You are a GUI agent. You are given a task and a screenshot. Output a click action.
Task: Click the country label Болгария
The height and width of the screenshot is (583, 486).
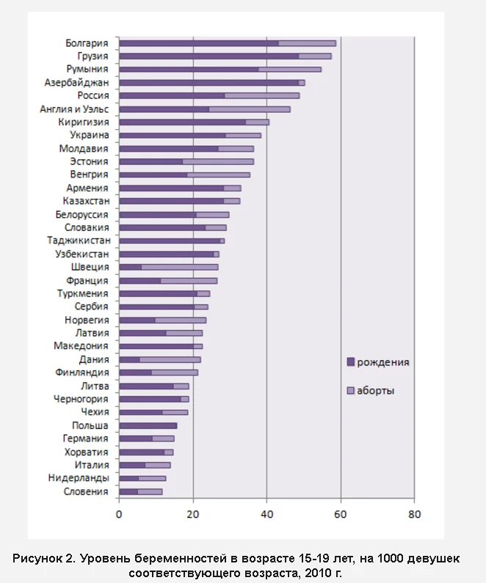pos(87,43)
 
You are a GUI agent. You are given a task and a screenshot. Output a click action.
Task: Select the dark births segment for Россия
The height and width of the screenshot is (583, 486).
pos(172,95)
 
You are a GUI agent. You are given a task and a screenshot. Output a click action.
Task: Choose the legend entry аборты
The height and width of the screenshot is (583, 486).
pos(375,391)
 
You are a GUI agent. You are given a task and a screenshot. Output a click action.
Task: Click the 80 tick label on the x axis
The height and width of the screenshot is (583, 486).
pos(414,514)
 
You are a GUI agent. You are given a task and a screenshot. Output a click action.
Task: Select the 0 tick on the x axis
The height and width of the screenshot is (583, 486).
pos(119,514)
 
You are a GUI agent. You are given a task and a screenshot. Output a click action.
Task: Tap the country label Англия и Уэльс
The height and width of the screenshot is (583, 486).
pos(74,109)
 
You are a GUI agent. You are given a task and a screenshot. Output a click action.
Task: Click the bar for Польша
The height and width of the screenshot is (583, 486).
pos(148,425)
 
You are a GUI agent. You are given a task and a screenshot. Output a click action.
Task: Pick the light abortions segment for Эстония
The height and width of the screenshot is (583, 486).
pos(218,161)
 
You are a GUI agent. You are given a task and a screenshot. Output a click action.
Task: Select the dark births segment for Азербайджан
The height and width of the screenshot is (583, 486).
pos(208,83)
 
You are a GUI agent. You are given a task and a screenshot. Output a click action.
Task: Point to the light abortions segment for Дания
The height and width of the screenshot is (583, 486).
pos(170,359)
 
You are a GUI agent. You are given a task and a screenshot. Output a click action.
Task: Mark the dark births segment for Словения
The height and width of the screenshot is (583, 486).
pos(128,491)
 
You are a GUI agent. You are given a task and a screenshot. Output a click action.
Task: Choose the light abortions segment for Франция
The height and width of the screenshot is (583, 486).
pos(189,280)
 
